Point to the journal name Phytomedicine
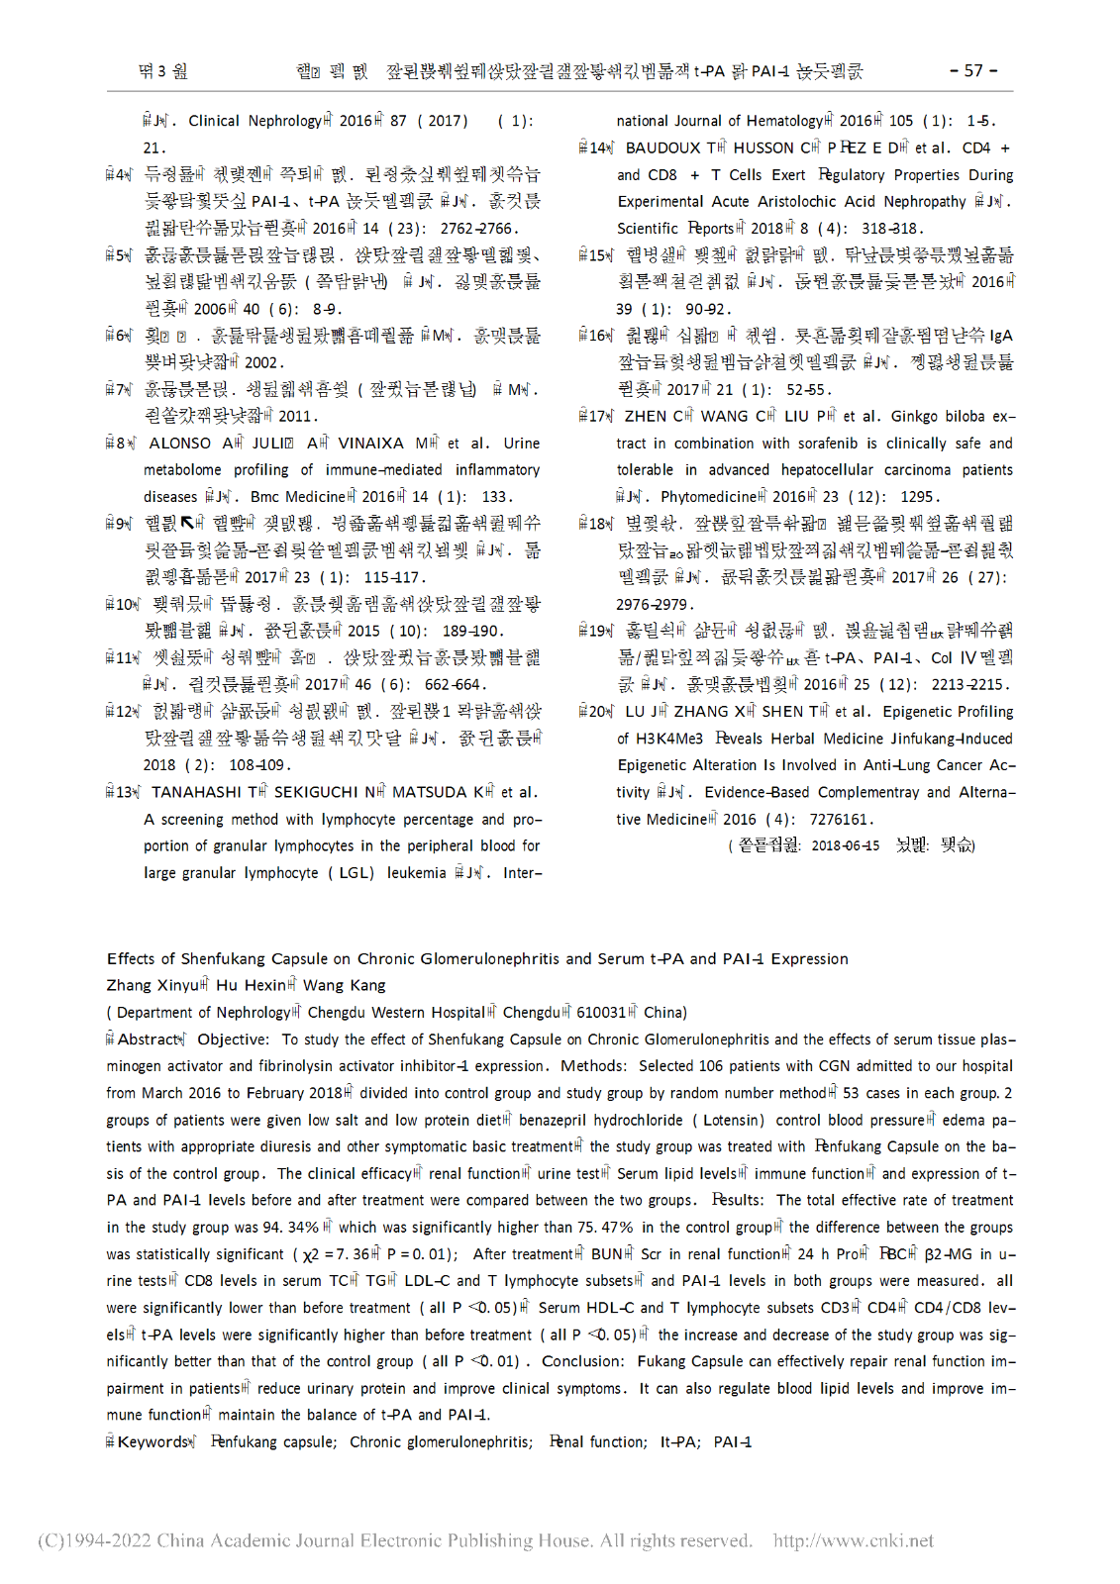pos(708,497)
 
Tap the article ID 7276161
pos(839,819)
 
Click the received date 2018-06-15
pos(845,845)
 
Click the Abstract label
pos(149,1039)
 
